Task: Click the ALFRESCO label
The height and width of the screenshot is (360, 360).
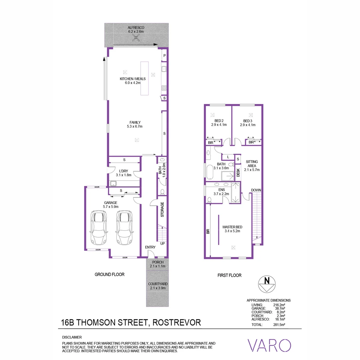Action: (136, 28)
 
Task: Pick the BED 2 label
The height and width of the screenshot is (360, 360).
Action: (219, 121)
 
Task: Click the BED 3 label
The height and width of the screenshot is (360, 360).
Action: (247, 121)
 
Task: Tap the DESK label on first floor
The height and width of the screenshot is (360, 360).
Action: (238, 173)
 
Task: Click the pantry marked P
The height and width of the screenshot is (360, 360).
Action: (164, 56)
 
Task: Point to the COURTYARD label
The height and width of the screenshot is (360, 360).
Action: (158, 284)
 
